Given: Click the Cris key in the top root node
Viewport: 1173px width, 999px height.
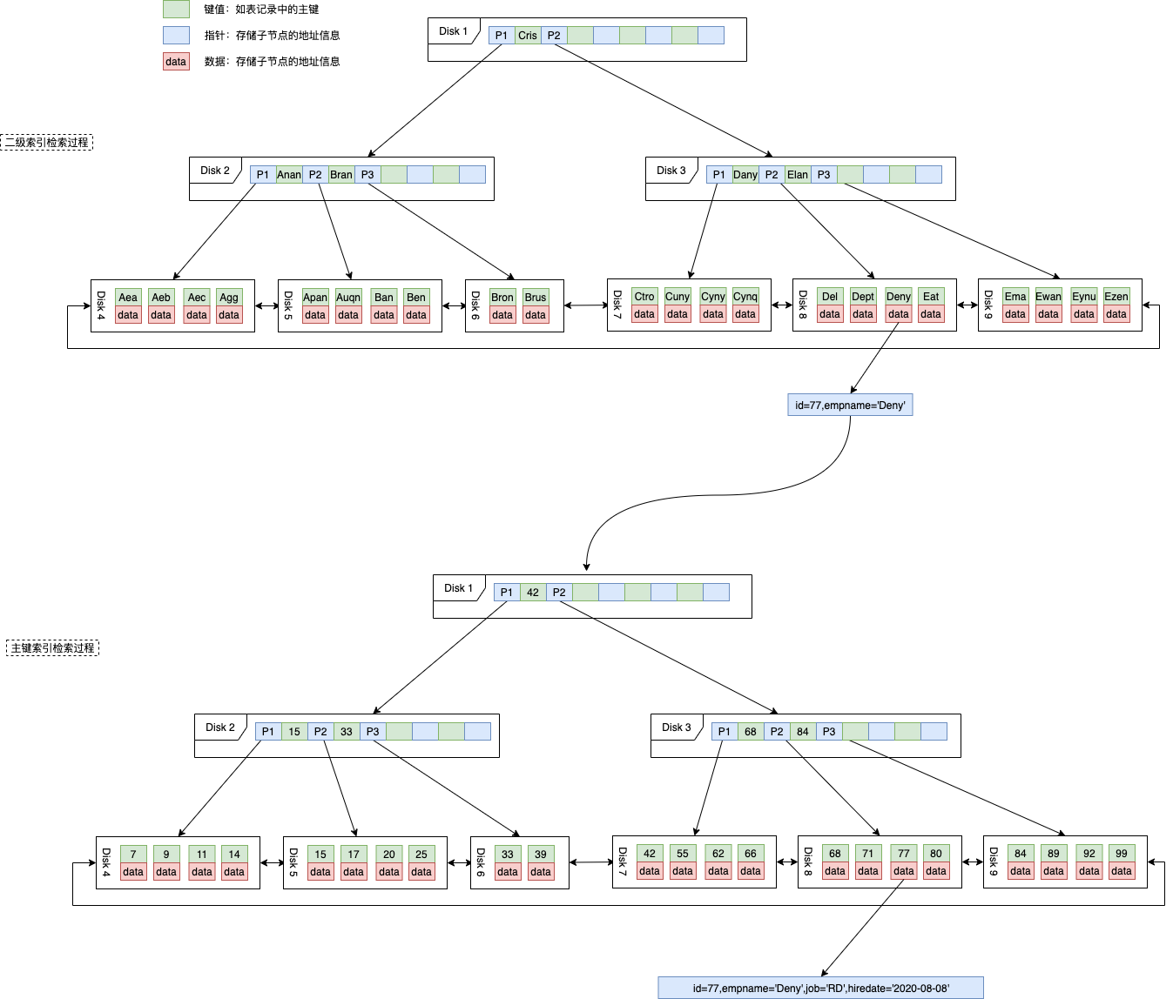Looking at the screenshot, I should click(x=528, y=36).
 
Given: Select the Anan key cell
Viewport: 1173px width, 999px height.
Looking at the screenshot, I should click(x=289, y=175).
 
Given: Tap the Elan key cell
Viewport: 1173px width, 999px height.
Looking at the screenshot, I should click(x=798, y=175).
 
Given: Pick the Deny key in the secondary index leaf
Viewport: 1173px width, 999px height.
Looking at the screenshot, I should click(x=899, y=297).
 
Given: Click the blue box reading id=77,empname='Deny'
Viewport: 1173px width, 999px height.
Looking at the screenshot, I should click(x=850, y=406).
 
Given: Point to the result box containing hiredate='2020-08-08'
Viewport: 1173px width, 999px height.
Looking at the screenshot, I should click(x=820, y=989).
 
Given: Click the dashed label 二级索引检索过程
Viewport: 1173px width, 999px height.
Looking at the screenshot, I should click(x=47, y=143).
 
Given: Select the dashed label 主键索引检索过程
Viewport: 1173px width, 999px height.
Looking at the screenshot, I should click(x=52, y=648).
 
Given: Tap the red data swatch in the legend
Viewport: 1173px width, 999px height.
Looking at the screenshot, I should click(x=176, y=62).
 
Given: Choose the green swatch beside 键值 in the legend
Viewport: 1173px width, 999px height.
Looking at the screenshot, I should click(x=176, y=10).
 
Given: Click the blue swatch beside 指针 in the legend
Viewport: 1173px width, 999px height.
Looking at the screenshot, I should click(x=176, y=36).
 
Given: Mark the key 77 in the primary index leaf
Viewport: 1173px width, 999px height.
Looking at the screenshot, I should click(x=904, y=854).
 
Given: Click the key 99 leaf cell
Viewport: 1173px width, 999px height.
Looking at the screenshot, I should click(x=1122, y=854).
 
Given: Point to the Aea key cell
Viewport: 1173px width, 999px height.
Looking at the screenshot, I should click(x=128, y=298).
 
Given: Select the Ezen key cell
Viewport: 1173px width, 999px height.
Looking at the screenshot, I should click(x=1116, y=297).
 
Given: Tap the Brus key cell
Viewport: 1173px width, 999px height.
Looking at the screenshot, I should click(x=536, y=298).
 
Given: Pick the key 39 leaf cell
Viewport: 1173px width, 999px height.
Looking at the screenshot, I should click(x=541, y=855).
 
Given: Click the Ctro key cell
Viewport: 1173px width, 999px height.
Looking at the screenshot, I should click(x=644, y=297).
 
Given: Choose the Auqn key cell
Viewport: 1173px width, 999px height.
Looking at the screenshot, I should click(x=348, y=298).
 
